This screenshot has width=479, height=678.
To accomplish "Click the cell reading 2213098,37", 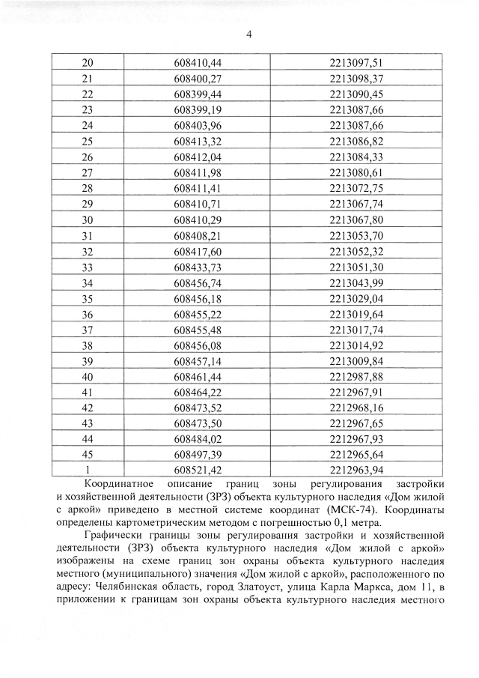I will coord(356,78).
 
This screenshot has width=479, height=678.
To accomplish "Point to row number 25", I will coord(87,141).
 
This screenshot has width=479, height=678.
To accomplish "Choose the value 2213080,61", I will coord(356,172).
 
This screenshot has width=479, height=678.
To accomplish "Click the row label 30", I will coord(87,220).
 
